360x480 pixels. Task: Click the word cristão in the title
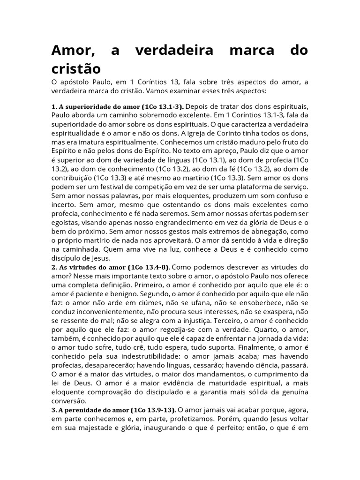click(76, 68)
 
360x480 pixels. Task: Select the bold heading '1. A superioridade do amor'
click(101, 107)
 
